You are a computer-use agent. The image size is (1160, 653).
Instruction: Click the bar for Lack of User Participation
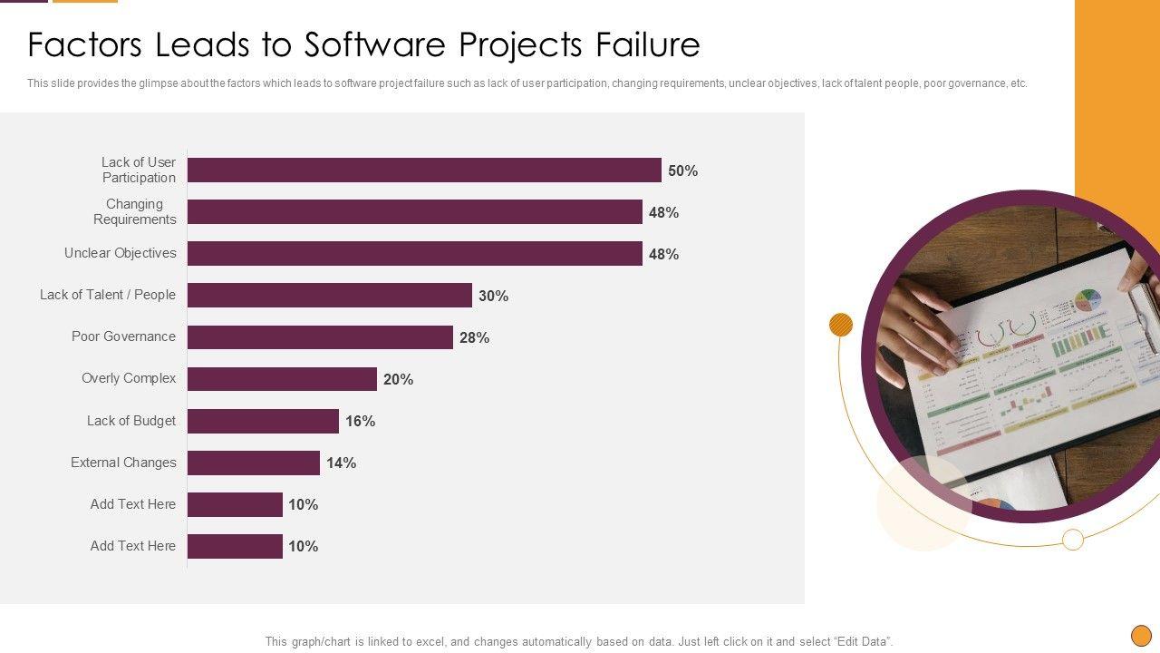(x=424, y=171)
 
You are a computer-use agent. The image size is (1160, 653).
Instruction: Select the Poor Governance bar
(x=320, y=337)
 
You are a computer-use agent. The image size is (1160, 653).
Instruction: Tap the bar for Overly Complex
(x=282, y=379)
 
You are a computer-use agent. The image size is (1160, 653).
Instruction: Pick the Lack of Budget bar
(x=263, y=421)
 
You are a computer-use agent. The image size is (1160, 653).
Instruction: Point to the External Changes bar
(x=254, y=463)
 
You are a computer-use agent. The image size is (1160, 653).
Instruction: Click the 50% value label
(x=682, y=171)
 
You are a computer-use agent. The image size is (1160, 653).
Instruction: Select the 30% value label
(x=493, y=296)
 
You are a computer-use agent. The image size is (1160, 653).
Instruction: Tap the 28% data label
(x=474, y=337)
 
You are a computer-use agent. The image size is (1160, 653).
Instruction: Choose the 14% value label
(x=341, y=463)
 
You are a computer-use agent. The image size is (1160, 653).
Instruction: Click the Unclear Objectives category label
(x=120, y=253)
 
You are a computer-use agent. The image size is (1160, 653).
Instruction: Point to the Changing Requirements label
(x=134, y=211)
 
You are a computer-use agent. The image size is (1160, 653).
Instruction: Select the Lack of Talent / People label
(x=107, y=295)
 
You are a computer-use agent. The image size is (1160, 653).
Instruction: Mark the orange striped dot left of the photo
(x=841, y=325)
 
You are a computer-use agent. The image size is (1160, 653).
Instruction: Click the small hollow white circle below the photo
(x=1073, y=540)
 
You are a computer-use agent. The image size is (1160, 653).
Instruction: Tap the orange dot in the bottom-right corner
(x=1141, y=635)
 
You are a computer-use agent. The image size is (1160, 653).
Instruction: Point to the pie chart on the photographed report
(x=1088, y=300)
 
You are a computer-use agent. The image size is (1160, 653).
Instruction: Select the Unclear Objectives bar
(x=414, y=254)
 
